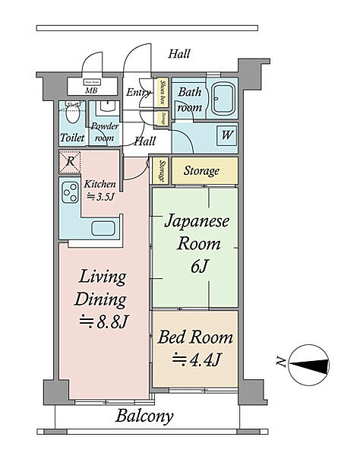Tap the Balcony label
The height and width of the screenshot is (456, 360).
tap(144, 416)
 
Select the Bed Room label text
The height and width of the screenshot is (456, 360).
tap(194, 337)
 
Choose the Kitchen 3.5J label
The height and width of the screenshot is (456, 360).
tap(99, 189)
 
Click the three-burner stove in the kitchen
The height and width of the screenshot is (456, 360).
tap(71, 193)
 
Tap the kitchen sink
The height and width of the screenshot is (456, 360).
tap(103, 228)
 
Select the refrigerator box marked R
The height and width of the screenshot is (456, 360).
tap(69, 161)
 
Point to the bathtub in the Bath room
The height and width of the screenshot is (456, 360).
tap(224, 97)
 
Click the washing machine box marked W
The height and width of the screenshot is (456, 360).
tap(226, 135)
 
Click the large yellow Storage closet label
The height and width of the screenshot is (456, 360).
tap(201, 171)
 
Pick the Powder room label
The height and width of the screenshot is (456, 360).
tap(104, 132)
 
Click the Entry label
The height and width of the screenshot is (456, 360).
tap(138, 93)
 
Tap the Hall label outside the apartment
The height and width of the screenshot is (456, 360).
tap(179, 54)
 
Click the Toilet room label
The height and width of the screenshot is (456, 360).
tap(72, 138)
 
